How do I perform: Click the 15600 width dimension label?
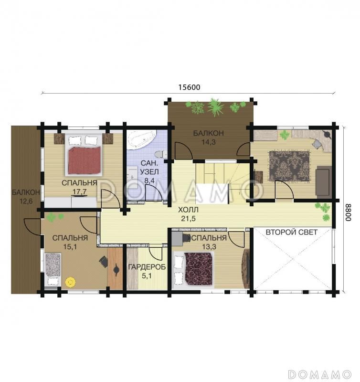coord(189,87)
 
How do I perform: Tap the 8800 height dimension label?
coord(349,212)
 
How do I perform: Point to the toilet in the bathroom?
coord(160,154)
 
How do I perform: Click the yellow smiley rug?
coord(70,282)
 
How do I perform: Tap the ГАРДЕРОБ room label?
coord(147,267)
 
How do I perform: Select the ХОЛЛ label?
coord(188,210)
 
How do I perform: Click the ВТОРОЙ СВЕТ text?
coord(291,232)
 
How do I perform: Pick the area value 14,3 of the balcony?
coord(209,142)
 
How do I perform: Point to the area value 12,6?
coord(26,201)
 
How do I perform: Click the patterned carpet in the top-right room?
coord(289,166)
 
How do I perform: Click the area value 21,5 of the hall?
coord(188,219)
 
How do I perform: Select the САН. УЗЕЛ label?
coord(149,167)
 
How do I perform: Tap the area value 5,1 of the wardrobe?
coord(147,276)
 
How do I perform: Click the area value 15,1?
coord(70,247)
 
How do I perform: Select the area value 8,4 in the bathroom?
coord(149,180)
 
